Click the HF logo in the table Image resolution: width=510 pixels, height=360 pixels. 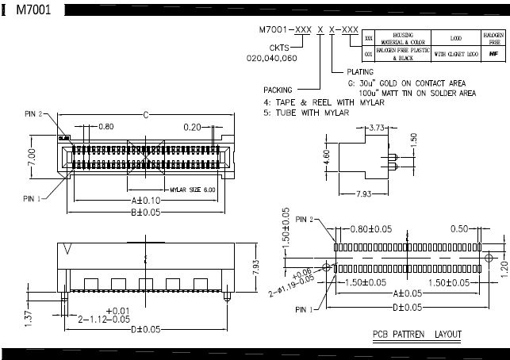click(x=493, y=54)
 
